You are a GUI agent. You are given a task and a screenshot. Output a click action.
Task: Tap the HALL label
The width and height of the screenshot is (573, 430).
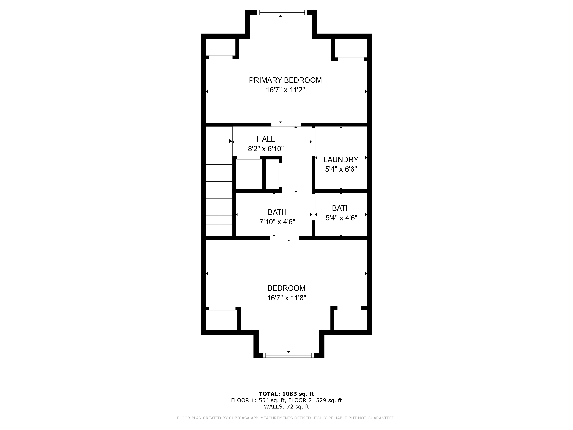tap(266, 139)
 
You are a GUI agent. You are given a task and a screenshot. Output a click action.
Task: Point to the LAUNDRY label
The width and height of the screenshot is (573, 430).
tap(341, 159)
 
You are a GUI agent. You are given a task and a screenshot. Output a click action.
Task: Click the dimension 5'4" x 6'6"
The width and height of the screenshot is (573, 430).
tap(341, 169)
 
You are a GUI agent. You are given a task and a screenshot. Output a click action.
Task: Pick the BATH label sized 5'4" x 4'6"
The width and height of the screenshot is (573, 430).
tap(341, 208)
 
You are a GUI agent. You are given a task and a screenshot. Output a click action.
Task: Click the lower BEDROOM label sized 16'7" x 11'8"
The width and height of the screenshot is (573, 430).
tap(286, 288)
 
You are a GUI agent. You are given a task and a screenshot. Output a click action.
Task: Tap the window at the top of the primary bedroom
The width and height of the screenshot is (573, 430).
tap(282, 12)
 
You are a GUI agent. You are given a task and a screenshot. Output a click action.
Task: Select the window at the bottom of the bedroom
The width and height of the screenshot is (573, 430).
tap(288, 355)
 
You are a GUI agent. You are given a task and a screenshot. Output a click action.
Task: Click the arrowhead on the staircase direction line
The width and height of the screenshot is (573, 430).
tap(230, 141)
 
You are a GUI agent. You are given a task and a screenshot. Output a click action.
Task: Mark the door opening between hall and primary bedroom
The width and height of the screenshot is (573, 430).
tap(286, 125)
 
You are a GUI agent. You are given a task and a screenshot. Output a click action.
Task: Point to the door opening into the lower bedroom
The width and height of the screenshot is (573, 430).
tap(284, 238)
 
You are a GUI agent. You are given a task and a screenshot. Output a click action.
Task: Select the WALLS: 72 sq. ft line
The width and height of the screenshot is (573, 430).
tap(286, 407)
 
